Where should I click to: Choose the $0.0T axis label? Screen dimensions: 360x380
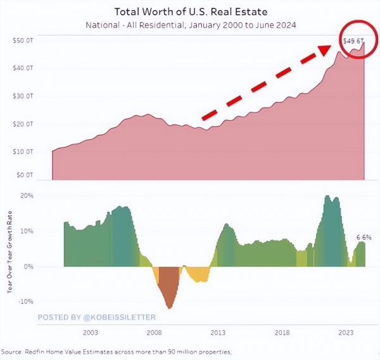23,174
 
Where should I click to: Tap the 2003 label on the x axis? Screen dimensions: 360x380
90,332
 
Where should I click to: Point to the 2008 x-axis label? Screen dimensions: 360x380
154,332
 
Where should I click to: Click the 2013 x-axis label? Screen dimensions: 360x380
218,332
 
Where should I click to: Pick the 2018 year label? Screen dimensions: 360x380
282,332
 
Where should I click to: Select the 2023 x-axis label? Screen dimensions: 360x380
346,332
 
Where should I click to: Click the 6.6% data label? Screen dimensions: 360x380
364,238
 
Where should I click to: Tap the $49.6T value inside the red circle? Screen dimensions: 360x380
353,41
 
